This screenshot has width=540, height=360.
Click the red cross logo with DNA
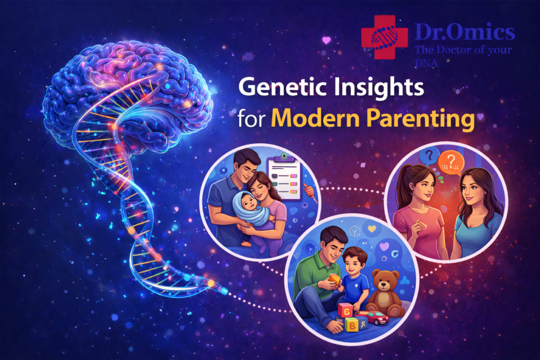click(x=384, y=37)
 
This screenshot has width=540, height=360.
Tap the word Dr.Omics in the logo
click(x=465, y=32)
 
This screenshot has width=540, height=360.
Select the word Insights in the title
click(x=378, y=88)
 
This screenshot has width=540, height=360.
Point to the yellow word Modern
click(x=315, y=119)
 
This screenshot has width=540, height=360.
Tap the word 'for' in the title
click(x=252, y=119)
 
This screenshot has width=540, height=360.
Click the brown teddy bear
click(x=385, y=293)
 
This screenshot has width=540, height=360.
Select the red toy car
click(x=373, y=318)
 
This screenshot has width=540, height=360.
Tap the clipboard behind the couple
click(x=284, y=177)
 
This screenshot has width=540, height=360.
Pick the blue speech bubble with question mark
click(x=429, y=156)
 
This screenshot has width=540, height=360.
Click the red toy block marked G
click(x=345, y=311)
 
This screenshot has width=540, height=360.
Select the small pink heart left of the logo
click(x=326, y=40)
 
